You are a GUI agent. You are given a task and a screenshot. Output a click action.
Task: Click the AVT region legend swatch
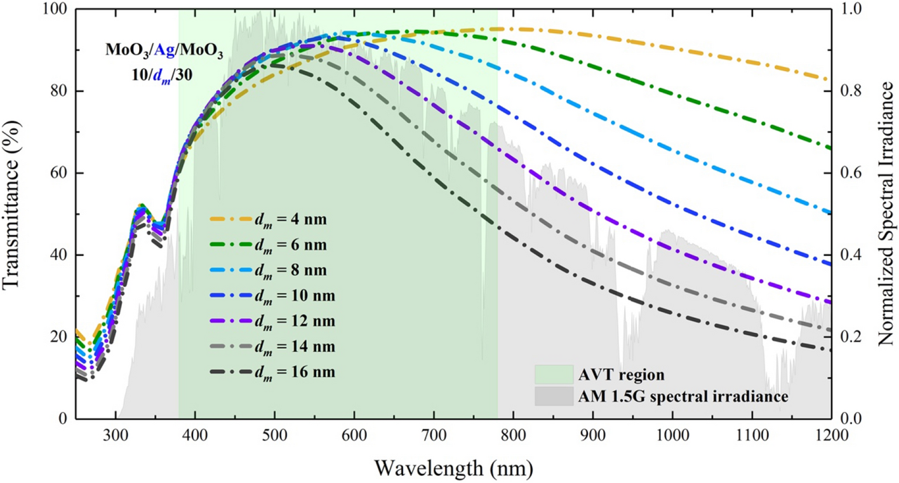coord(553,373)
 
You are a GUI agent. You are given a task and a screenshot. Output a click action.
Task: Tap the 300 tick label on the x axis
coord(116,435)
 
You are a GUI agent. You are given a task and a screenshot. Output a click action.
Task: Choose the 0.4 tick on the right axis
coord(851,255)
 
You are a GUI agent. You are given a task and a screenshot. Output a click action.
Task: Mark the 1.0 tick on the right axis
coord(851,10)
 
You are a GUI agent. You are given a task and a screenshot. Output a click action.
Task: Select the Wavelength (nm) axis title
coord(453,468)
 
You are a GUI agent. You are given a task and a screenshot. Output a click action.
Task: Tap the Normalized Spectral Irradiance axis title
coord(886,214)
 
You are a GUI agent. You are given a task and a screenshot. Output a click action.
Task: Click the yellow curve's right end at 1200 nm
coord(829,80)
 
